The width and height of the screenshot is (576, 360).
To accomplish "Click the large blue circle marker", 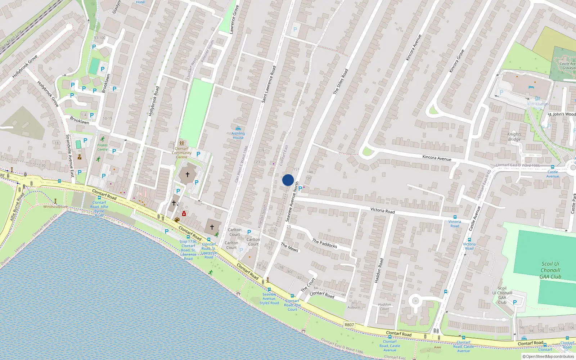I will click(x=288, y=180).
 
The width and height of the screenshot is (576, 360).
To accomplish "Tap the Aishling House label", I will click(x=238, y=135).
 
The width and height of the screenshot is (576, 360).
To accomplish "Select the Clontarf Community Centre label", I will click(x=181, y=153).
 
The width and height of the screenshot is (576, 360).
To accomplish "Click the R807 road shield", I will click(x=349, y=325).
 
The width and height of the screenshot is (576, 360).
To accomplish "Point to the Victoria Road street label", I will click(x=382, y=211).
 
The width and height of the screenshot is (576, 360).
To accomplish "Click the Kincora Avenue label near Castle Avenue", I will click(x=437, y=158).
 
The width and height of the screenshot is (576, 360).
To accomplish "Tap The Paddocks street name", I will click(x=324, y=244).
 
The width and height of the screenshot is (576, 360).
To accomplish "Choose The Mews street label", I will click(x=289, y=247).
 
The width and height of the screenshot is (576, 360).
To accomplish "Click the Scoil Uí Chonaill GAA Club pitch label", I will click(x=550, y=270).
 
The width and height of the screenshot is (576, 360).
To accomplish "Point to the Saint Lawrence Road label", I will click(x=269, y=84).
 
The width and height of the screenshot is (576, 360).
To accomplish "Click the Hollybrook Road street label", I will click(x=154, y=101).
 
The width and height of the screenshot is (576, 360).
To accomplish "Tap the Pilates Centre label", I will click(x=102, y=147).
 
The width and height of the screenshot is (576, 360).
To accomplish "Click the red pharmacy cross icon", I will click(x=184, y=213).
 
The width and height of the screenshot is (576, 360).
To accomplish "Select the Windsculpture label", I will click(x=55, y=207).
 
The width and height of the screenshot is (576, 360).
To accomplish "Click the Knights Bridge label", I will click(x=514, y=137).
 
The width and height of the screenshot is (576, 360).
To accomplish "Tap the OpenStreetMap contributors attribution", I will click(x=548, y=356).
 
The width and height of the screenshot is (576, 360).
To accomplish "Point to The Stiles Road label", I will click(x=341, y=82).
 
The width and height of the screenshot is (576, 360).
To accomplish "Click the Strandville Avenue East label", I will click(x=70, y=156).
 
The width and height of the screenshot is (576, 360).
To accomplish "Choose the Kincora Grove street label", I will click(x=456, y=61).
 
